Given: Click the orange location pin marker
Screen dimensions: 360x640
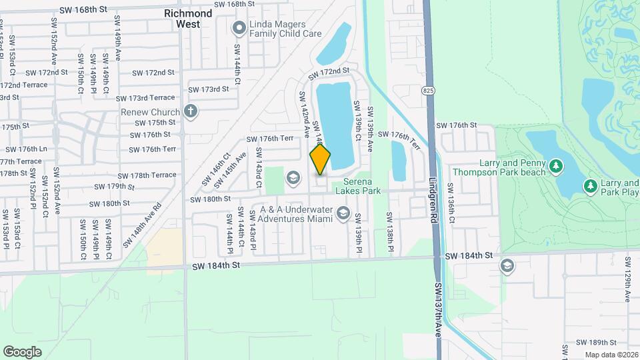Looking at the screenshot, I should (x=320, y=159).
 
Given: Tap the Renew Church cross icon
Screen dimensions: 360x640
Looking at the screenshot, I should (x=191, y=111).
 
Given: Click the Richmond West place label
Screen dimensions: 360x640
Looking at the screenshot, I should (x=188, y=18).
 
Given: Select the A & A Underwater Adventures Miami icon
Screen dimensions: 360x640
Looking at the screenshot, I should (x=343, y=213).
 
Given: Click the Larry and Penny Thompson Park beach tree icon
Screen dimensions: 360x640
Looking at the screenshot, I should (x=555, y=165).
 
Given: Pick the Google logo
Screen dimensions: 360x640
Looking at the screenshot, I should (x=22, y=351).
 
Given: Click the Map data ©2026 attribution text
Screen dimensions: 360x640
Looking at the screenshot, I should (x=611, y=355).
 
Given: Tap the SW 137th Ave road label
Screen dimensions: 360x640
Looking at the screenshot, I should (x=439, y=311).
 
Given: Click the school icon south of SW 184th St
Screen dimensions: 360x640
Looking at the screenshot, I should (x=507, y=266).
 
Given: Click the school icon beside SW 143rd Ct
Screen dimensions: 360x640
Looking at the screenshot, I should (x=292, y=178).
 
